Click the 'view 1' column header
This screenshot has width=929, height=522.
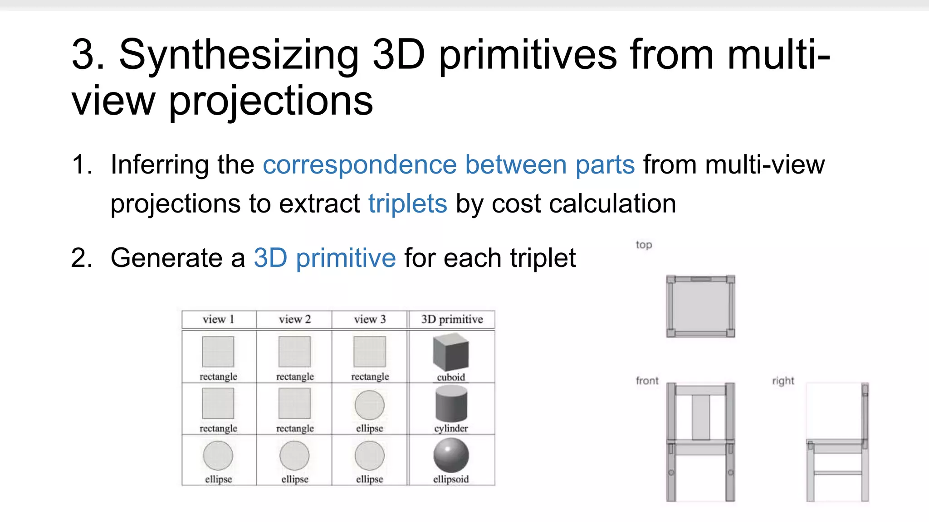point(218,319)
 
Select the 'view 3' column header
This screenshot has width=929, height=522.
point(370,319)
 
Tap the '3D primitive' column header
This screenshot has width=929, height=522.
point(452,319)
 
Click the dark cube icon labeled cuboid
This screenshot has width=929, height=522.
point(451,352)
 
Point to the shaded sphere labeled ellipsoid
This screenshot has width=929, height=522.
point(451,455)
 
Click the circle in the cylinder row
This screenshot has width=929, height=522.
point(370,405)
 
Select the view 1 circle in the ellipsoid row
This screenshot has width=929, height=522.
point(218,456)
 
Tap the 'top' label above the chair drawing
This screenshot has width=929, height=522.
point(644,245)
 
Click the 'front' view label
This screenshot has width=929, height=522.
point(647,381)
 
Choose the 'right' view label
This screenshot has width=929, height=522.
point(783,381)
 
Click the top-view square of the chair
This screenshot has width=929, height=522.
point(701,306)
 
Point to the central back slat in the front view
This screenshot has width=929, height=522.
point(701,417)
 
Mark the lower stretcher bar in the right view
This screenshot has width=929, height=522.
point(837,473)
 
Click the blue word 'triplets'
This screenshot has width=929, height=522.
point(407,203)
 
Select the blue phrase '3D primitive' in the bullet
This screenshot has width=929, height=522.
point(325,258)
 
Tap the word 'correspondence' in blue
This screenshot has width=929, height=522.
point(360,164)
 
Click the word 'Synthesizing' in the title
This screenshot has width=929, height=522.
point(239,55)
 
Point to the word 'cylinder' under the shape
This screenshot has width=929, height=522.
point(451,428)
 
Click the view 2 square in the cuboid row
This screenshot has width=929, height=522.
point(295,352)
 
